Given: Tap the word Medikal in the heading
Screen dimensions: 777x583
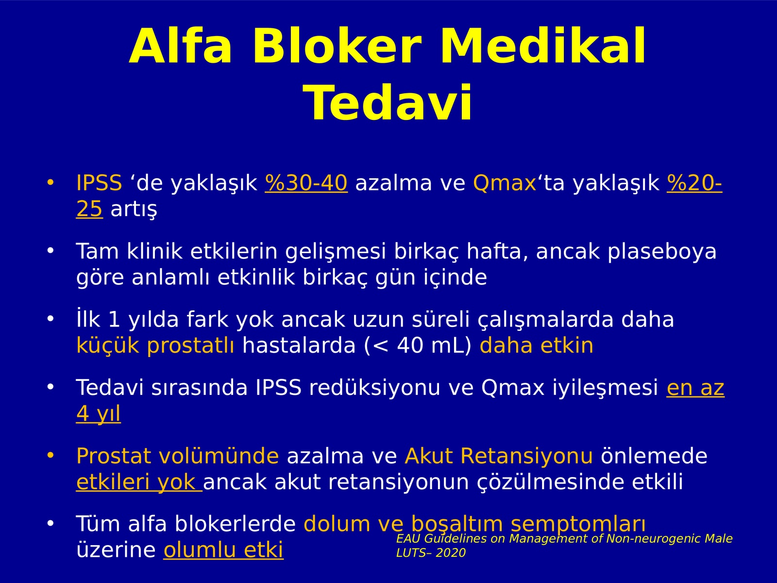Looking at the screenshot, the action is (543, 46).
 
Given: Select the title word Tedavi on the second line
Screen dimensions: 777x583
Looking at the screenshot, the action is (387, 103).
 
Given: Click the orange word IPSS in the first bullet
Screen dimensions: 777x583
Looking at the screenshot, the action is (99, 183).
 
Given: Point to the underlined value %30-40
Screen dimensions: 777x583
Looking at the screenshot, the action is (306, 183).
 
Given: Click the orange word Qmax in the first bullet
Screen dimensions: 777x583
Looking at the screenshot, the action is (505, 183).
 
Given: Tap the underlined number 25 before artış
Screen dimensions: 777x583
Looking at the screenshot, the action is (89, 209).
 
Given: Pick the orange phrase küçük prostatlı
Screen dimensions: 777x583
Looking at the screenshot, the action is (155, 345).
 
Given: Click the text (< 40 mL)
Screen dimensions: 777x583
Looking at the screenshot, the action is (418, 345).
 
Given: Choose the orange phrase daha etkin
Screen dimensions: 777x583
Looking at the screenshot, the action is (536, 345).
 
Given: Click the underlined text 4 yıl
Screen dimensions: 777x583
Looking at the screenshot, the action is (99, 413).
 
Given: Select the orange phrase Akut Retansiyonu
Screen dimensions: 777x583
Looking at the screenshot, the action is (498, 456).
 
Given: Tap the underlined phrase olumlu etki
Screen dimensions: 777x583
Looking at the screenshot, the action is (223, 550).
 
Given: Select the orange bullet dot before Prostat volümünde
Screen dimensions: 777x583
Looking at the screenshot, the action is (51, 456).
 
